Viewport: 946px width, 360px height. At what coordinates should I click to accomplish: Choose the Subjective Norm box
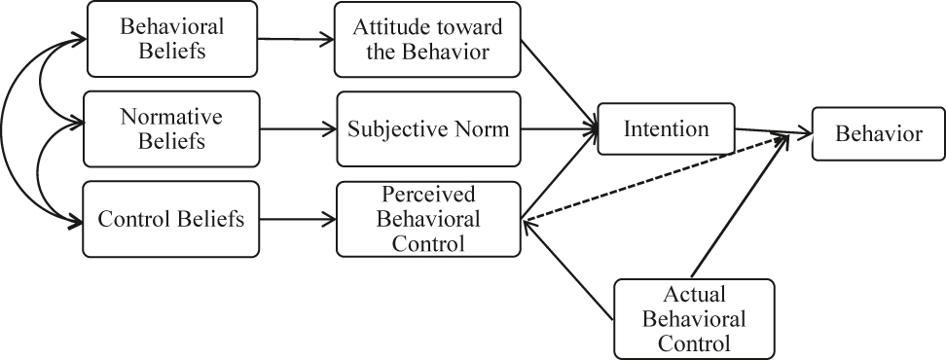point(428,128)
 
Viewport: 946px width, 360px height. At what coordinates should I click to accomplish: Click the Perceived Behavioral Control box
point(428,219)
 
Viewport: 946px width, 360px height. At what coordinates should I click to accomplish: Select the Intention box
point(666,128)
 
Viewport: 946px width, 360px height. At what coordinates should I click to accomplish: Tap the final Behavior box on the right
point(879,134)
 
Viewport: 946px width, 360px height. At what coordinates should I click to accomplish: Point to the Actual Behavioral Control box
point(694,318)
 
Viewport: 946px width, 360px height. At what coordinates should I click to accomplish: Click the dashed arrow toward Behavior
point(652,180)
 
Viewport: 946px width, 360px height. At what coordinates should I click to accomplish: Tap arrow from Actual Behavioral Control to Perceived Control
point(569,270)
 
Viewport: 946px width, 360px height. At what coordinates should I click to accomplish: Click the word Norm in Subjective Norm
point(483,128)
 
